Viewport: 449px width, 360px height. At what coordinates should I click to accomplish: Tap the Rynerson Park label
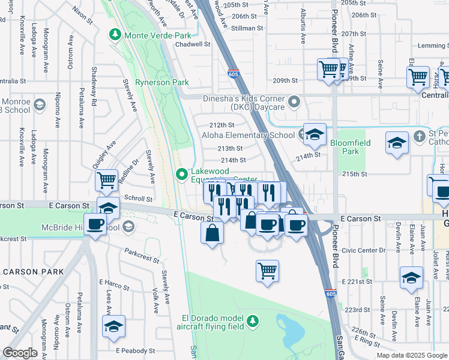click(x=161, y=82)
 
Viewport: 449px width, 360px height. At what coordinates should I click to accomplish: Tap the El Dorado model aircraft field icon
click(x=253, y=322)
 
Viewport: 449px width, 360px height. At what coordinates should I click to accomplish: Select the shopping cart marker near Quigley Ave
click(x=106, y=179)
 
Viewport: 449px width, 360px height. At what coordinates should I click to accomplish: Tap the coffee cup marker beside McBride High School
click(x=95, y=225)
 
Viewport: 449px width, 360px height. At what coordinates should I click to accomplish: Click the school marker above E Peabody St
click(x=113, y=327)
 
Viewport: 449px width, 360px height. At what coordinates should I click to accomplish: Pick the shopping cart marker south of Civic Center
click(x=267, y=269)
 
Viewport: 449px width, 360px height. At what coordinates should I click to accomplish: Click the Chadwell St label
click(x=193, y=44)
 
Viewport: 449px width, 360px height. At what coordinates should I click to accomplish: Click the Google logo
click(x=20, y=352)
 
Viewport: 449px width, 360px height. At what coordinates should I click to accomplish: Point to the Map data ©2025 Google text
click(x=411, y=355)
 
